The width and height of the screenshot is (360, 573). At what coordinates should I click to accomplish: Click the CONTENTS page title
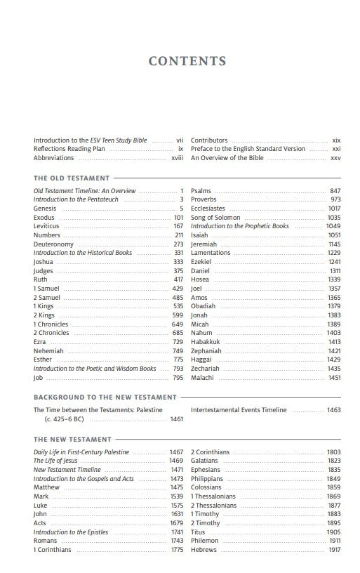pyautogui.click(x=187, y=62)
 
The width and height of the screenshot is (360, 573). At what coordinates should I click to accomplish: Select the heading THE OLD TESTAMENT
pyautogui.click(x=72, y=178)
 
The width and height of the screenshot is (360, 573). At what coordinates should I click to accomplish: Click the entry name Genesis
pyautogui.click(x=45, y=209)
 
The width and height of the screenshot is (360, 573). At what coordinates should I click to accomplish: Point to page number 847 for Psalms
pyautogui.click(x=335, y=191)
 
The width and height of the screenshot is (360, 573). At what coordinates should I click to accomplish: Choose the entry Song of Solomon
pyautogui.click(x=215, y=218)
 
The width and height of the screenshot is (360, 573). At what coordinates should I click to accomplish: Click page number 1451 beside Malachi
pyautogui.click(x=333, y=378)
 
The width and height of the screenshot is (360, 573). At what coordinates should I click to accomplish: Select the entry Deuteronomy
pyautogui.click(x=53, y=244)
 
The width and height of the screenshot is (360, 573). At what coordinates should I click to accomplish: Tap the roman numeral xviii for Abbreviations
pyautogui.click(x=177, y=158)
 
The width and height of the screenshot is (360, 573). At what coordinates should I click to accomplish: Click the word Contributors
pyautogui.click(x=209, y=140)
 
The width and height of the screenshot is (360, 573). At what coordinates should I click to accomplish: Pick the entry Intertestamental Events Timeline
pyautogui.click(x=239, y=410)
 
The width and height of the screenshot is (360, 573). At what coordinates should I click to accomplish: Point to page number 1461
pyautogui.click(x=176, y=419)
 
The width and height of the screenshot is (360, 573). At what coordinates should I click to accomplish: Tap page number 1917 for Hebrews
pyautogui.click(x=333, y=550)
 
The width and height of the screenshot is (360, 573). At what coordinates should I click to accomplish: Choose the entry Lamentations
pyautogui.click(x=211, y=253)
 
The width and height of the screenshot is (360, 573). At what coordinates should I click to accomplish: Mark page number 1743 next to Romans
pyautogui.click(x=176, y=541)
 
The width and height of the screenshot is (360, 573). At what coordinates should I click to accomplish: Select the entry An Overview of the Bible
pyautogui.click(x=227, y=158)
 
